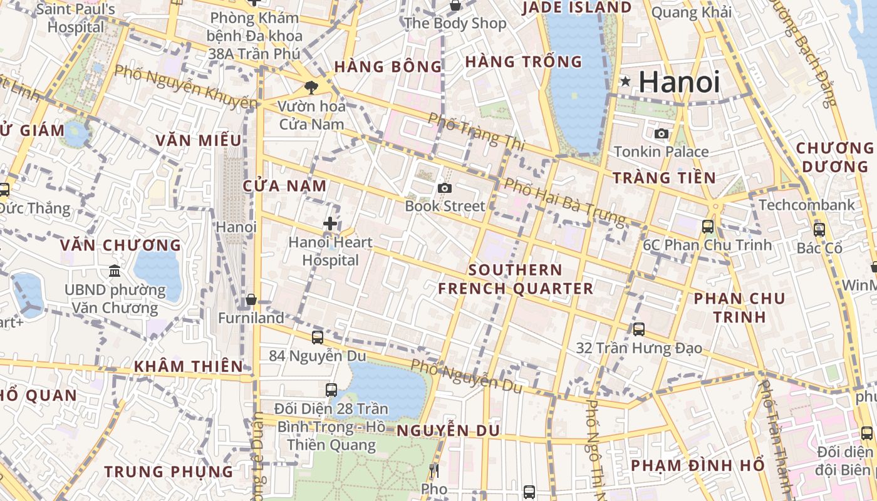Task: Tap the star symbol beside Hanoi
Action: [x=625, y=81]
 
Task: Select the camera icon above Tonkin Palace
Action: [x=661, y=133]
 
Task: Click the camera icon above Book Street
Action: [x=445, y=188]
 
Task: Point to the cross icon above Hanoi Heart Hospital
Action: [x=330, y=224]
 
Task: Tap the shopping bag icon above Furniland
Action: [x=251, y=300]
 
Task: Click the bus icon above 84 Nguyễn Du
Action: [x=318, y=338]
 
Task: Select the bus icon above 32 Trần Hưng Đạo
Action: [x=639, y=329]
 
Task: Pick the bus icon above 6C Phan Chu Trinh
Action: [x=708, y=226]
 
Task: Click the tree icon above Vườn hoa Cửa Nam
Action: [x=310, y=87]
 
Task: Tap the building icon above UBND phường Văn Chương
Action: [x=115, y=271]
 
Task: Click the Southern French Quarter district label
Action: [x=516, y=279]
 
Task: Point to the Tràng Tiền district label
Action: [x=664, y=178]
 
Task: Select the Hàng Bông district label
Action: [x=388, y=66]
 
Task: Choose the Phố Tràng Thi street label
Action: [x=477, y=132]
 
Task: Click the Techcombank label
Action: [x=807, y=205]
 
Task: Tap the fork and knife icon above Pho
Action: [x=433, y=470]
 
